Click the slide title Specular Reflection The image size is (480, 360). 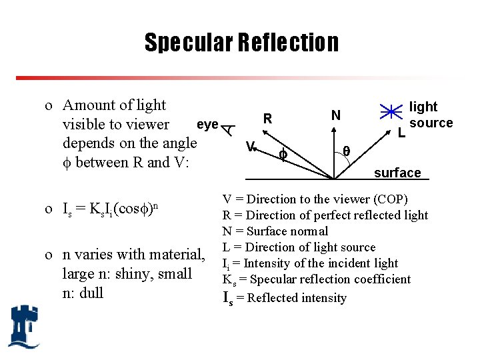click(x=241, y=43)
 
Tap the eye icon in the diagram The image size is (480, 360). click(x=228, y=129)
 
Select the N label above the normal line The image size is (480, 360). click(x=336, y=116)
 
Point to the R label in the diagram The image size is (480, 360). click(x=267, y=119)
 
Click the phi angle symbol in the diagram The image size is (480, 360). click(x=283, y=154)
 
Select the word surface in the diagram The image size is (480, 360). click(x=397, y=173)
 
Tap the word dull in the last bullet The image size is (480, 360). click(x=91, y=293)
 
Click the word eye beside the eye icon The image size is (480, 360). click(x=208, y=124)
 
